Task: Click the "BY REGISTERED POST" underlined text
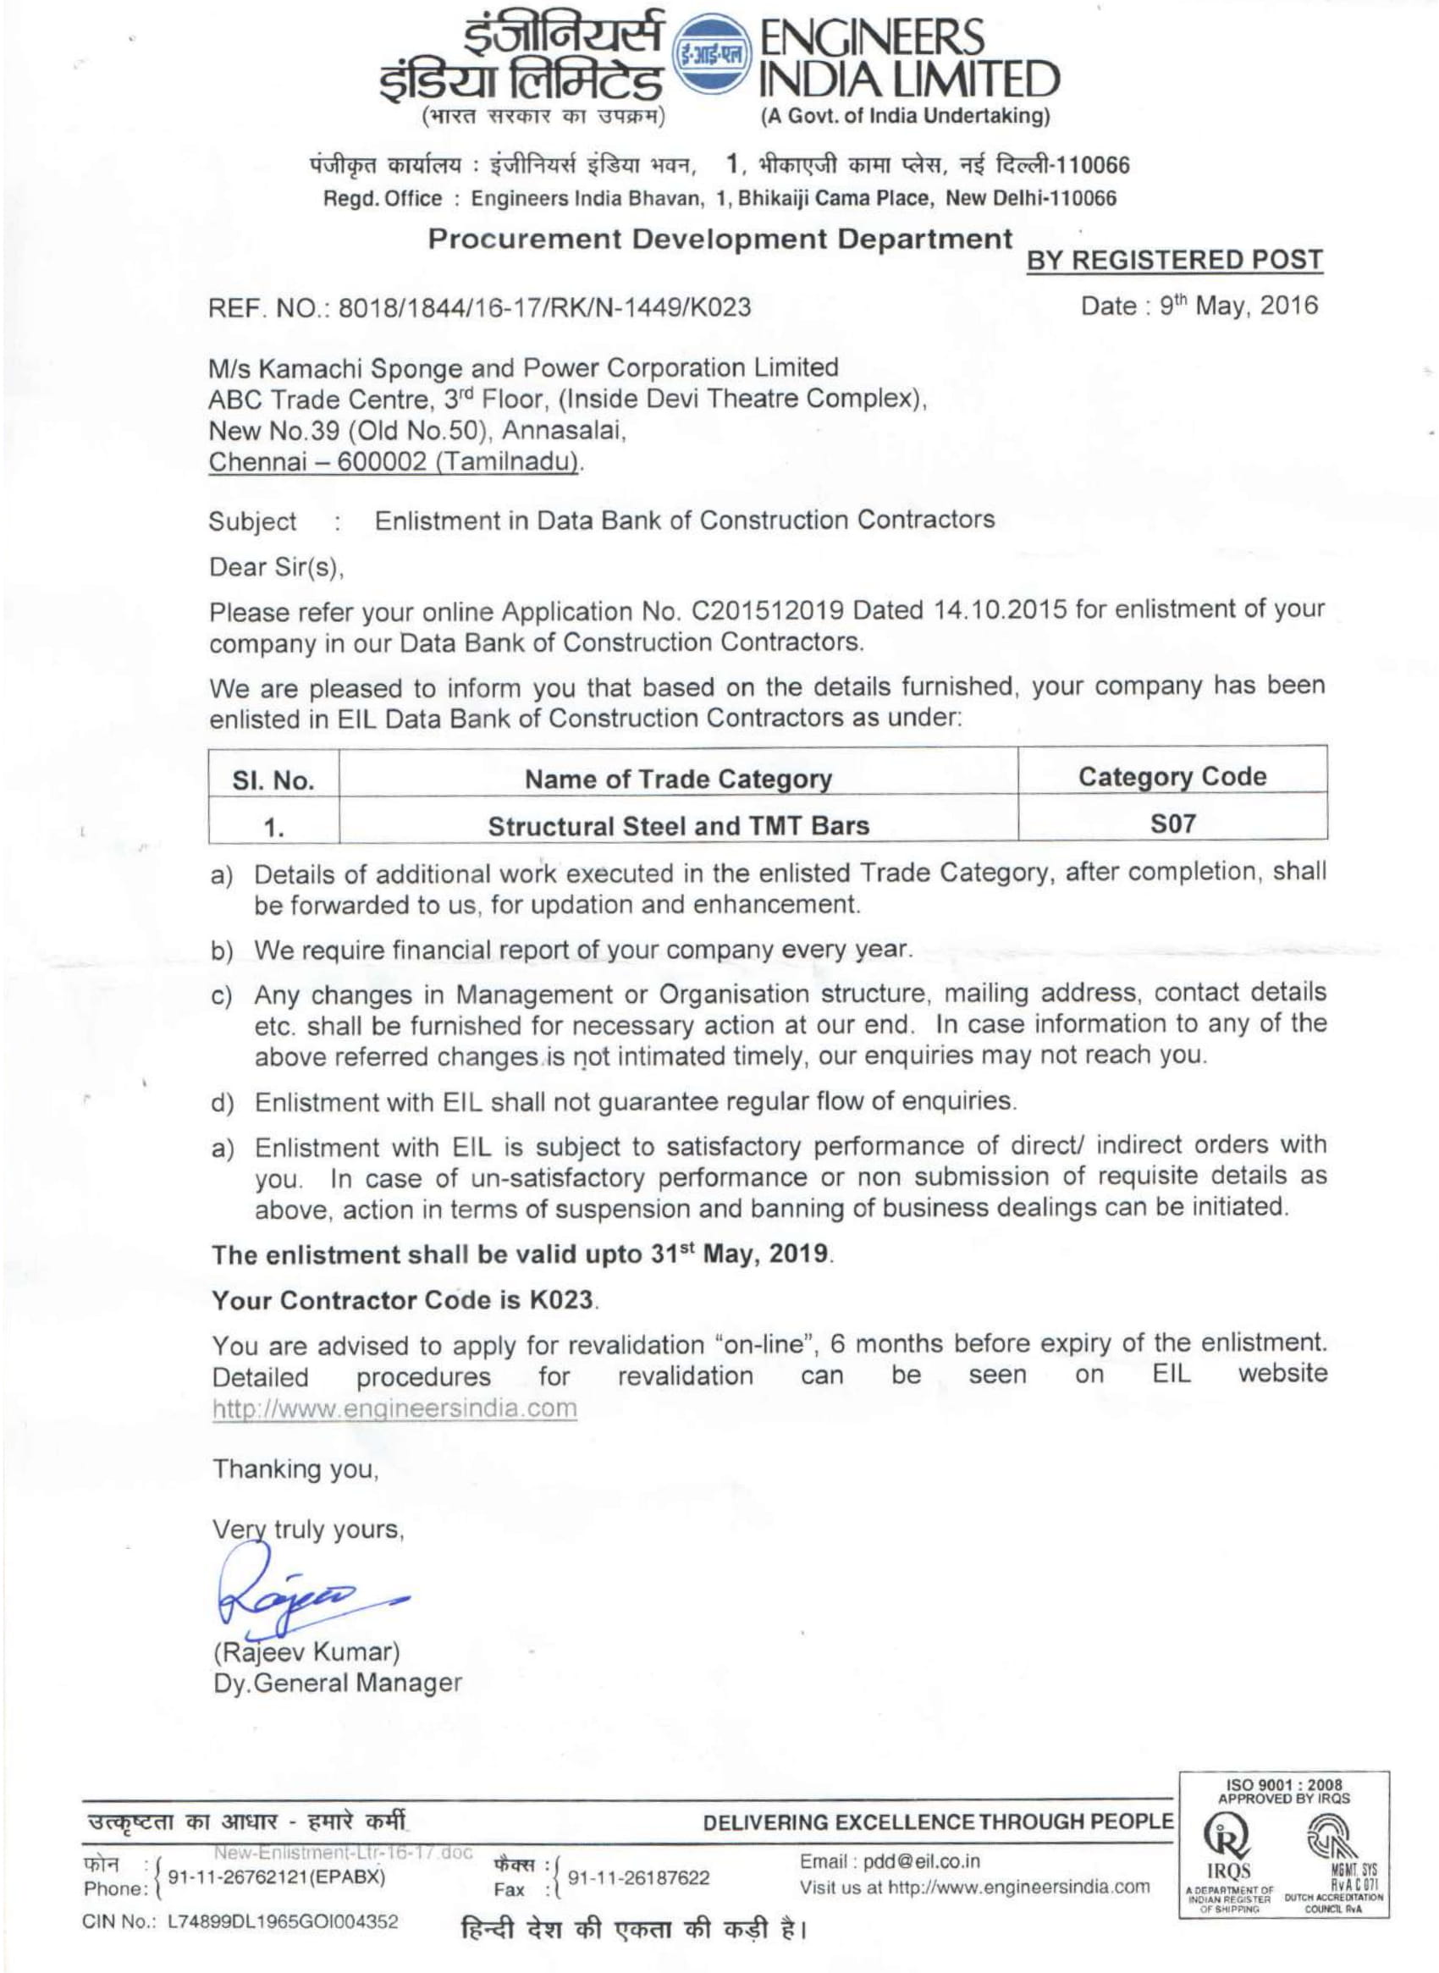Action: (x=1174, y=260)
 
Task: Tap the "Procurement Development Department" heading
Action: (x=719, y=240)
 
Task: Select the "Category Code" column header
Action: (x=1172, y=777)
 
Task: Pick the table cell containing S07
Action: (x=1172, y=824)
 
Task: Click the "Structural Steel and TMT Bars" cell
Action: (x=678, y=826)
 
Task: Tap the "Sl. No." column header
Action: (x=273, y=780)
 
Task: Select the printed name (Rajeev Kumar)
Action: (x=306, y=1651)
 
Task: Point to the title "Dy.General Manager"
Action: (x=338, y=1683)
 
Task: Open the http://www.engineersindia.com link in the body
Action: (x=394, y=1408)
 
